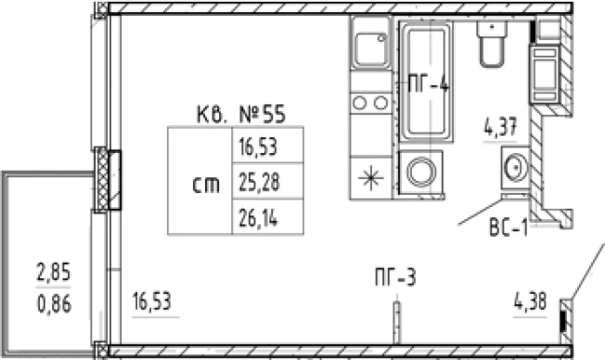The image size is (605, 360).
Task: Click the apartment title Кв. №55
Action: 241,114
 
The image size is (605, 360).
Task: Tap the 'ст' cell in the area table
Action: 206,186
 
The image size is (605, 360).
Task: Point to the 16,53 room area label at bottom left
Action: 151,302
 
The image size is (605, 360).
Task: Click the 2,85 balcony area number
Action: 53,272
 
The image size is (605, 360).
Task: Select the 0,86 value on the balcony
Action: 54,304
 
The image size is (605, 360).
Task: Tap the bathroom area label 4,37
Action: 500,127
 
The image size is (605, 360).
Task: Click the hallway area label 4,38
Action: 531,302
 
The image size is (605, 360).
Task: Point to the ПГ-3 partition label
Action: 395,277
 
